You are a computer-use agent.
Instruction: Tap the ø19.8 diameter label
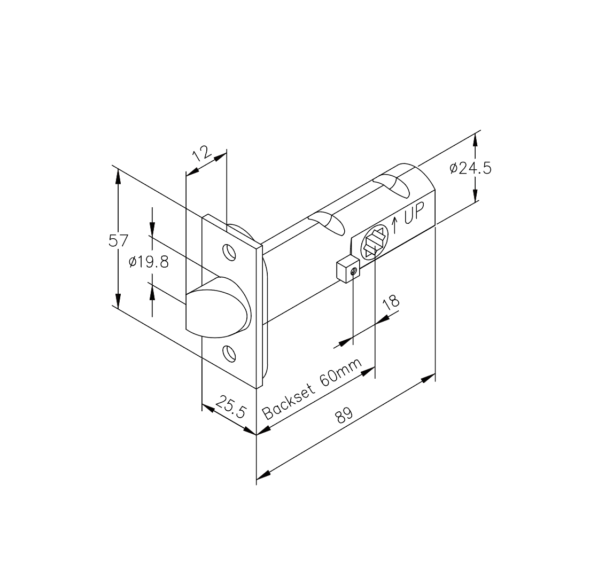click(149, 262)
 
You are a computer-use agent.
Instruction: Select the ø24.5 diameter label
click(470, 168)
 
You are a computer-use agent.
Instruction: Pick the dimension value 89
click(345, 416)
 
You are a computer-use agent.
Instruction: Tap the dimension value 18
click(391, 303)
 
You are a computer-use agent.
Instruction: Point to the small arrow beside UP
click(395, 225)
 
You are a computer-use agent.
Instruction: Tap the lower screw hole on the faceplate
click(228, 353)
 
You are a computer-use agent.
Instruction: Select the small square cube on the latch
click(347, 269)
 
